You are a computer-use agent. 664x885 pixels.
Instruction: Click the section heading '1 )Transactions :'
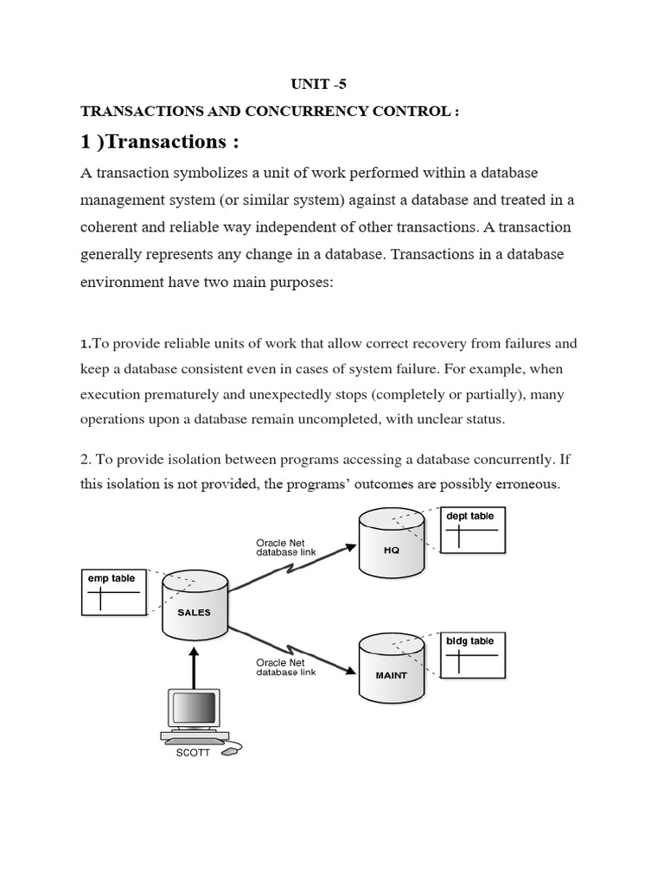click(x=160, y=142)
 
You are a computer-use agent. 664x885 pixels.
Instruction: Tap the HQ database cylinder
click(x=391, y=544)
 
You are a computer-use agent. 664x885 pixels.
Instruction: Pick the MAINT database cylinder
click(x=391, y=668)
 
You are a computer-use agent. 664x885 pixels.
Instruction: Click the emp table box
click(x=114, y=591)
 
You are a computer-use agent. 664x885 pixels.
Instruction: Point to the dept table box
click(x=472, y=529)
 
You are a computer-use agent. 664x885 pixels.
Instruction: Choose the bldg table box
click(x=472, y=654)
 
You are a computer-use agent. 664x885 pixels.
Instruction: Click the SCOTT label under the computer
click(x=193, y=752)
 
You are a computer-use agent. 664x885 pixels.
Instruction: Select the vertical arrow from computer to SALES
click(x=195, y=661)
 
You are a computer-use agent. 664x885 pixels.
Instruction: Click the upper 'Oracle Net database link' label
click(x=280, y=548)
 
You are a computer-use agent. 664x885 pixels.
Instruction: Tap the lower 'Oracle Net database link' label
click(x=280, y=667)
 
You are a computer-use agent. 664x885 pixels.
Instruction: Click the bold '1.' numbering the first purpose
click(x=86, y=344)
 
